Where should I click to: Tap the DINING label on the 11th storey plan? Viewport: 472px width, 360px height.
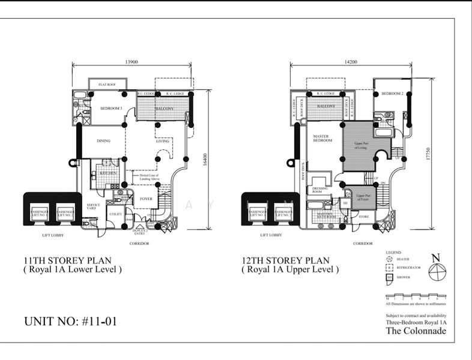coord(106,142)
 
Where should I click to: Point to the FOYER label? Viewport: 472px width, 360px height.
coord(147,199)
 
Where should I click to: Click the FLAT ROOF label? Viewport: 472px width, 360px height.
coord(107,85)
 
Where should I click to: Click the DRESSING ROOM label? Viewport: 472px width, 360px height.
coord(321,190)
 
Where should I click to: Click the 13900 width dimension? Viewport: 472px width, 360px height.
coord(132,61)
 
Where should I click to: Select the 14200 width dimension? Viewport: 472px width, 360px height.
coord(351,61)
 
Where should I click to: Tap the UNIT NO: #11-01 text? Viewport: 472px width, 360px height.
coord(70,321)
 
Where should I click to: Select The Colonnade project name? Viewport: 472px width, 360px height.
coord(416,331)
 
